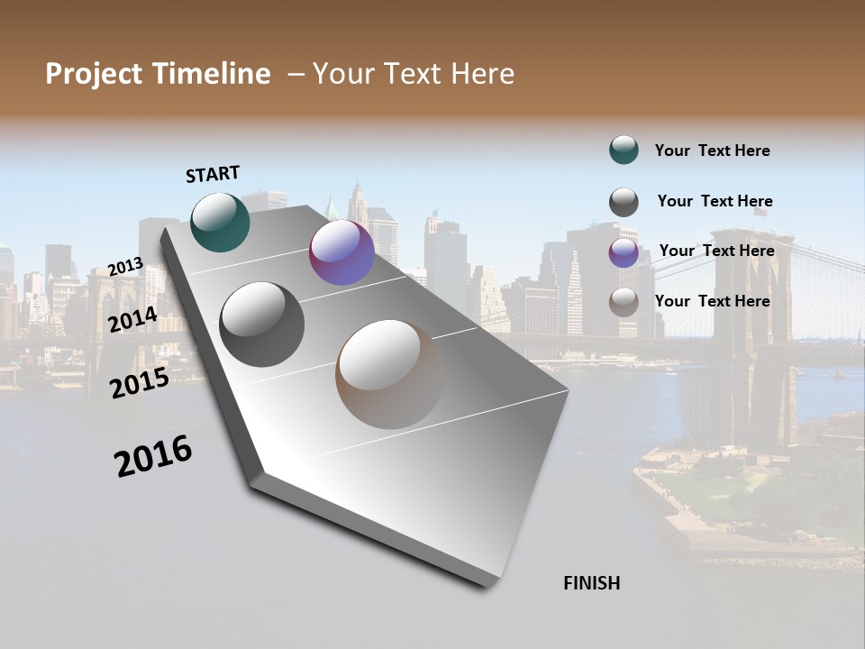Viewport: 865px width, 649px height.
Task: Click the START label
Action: tap(213, 174)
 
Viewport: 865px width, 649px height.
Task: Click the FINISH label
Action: tap(591, 583)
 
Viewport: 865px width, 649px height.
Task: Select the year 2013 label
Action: tap(125, 266)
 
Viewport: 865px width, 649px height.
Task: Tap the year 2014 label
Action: tap(133, 319)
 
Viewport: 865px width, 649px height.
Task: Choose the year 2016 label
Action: tap(153, 456)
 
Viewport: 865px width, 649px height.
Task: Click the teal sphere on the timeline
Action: tap(221, 222)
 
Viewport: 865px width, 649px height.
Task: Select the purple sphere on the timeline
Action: tap(341, 252)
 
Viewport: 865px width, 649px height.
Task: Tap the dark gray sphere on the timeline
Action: tap(262, 324)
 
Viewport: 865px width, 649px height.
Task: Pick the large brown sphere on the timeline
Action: tap(390, 374)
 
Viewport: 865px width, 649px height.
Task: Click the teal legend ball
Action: tap(624, 150)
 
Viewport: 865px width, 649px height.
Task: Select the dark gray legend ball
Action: tap(624, 202)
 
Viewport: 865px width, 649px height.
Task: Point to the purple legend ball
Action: tap(624, 252)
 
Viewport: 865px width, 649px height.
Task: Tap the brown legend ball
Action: tap(624, 302)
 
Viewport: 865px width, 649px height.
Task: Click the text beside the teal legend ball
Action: tap(712, 151)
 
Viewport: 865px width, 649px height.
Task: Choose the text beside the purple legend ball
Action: tap(716, 251)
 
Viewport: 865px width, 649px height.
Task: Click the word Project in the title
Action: tap(95, 74)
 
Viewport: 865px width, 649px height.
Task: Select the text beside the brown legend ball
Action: tap(712, 301)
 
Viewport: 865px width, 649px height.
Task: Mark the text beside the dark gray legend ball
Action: tap(715, 201)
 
